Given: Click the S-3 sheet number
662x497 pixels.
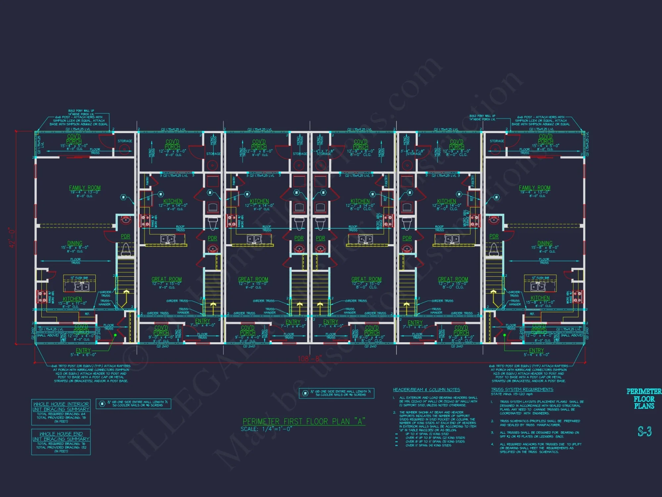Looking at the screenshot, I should [x=644, y=431].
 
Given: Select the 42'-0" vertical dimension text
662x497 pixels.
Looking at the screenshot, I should [x=12, y=238].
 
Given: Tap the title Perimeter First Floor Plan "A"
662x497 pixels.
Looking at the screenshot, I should [x=304, y=421].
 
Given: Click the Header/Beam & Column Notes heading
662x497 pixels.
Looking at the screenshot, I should [x=426, y=390].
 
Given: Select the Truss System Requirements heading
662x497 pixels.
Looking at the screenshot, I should [x=522, y=390].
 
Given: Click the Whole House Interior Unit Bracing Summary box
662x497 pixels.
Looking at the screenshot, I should [x=61, y=412].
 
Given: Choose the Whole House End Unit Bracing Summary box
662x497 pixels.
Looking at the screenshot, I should [x=61, y=442].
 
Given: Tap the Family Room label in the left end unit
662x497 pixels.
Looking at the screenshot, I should [x=85, y=188].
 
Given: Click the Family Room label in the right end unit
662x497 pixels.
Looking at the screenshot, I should [x=535, y=188].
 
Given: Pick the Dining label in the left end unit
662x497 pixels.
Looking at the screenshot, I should [x=75, y=243].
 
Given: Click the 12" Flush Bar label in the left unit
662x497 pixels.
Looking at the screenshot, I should [x=79, y=278].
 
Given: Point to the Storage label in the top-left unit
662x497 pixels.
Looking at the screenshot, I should [x=125, y=141].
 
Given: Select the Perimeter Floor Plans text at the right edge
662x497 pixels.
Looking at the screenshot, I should [x=644, y=399].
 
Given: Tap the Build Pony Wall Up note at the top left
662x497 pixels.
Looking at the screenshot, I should [x=81, y=112].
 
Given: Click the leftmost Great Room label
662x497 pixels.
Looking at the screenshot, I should [x=166, y=279].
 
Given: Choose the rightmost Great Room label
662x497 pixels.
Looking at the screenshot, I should [x=453, y=279].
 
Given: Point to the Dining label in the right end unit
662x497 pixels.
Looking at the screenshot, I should [x=545, y=243].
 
